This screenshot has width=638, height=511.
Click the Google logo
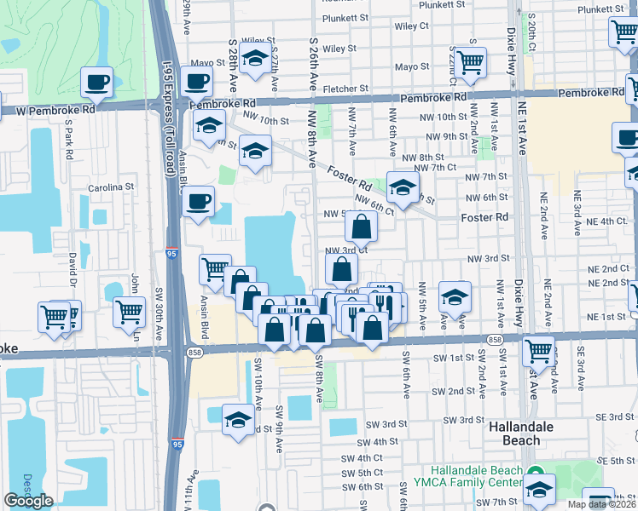[x=28, y=501]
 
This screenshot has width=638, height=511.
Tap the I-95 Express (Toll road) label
[x=170, y=119]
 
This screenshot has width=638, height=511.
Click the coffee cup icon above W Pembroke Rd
[x=96, y=83]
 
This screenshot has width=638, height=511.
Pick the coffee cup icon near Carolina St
[x=198, y=202]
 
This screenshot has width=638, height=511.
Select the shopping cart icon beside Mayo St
[x=470, y=60]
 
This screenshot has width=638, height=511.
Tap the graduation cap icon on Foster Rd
[x=403, y=187]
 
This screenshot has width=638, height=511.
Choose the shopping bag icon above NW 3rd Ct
[x=361, y=226]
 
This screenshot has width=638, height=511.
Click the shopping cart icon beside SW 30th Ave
[x=129, y=312]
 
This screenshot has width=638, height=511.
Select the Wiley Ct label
[x=411, y=26]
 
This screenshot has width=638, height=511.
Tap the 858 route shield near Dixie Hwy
[x=495, y=338]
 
